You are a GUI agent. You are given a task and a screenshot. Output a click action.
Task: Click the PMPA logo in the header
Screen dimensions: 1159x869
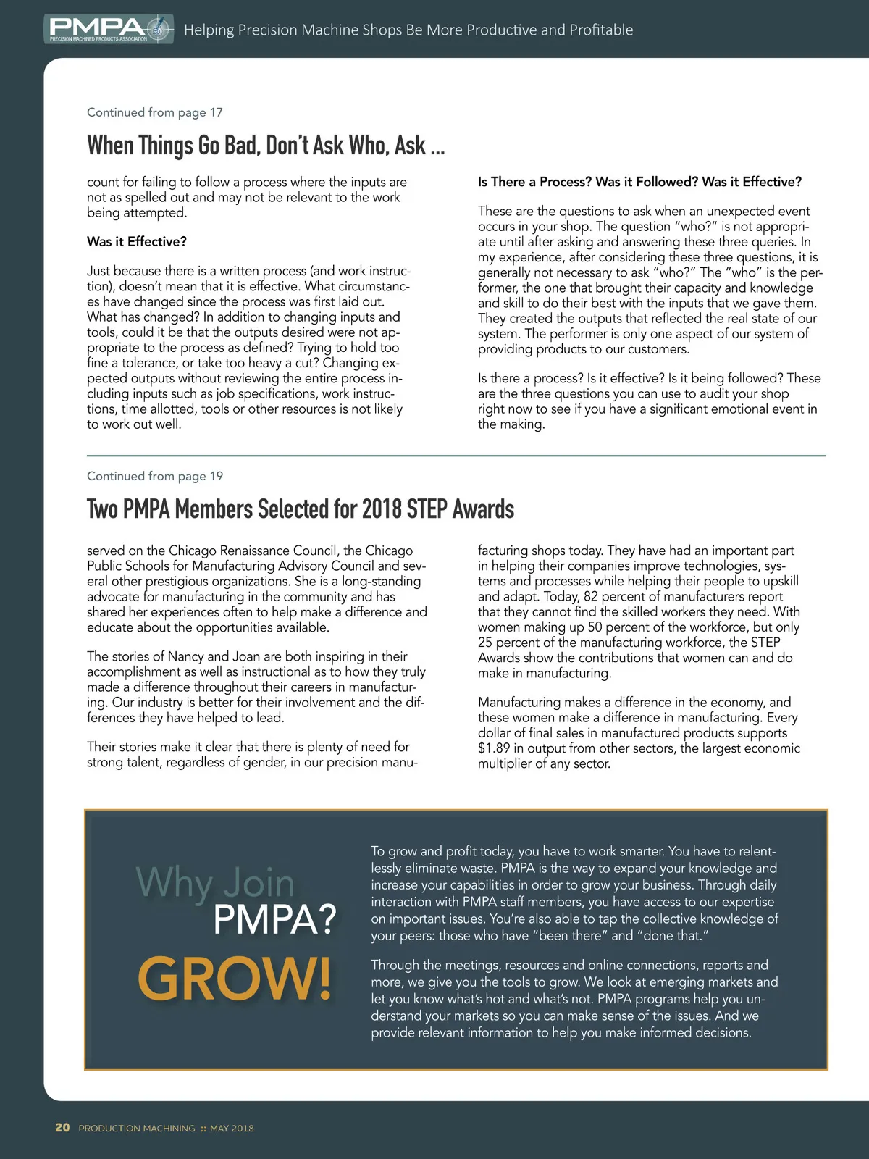tap(109, 29)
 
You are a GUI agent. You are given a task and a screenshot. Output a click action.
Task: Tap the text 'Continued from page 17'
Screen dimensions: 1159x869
tap(155, 112)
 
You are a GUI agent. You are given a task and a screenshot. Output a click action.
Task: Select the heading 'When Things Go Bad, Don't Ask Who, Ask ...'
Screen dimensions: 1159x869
tap(266, 146)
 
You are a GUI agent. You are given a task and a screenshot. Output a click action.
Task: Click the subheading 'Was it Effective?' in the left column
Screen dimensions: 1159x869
tap(137, 242)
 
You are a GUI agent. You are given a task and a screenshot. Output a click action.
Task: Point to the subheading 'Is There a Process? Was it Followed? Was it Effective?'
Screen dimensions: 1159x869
tap(639, 182)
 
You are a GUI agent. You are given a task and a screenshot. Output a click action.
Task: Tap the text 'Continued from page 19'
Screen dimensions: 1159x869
tap(155, 476)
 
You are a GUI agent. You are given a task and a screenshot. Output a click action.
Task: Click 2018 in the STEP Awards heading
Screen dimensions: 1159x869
tap(382, 509)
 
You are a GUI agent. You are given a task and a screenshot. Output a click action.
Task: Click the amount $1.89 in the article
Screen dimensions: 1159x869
tap(494, 748)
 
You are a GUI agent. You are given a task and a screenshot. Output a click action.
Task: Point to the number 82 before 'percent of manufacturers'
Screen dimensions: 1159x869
tap(591, 596)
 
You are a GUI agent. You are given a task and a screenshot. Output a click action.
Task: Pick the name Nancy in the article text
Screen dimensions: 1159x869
tap(185, 657)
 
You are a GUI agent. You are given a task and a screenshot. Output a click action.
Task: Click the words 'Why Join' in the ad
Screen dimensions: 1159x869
tap(215, 883)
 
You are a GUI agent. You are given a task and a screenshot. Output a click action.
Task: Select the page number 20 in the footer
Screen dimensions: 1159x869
tap(63, 1128)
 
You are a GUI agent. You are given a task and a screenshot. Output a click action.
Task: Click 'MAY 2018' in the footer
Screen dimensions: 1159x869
tap(232, 1129)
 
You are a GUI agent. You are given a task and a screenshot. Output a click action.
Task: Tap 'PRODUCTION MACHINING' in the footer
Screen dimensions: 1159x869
tap(137, 1129)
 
